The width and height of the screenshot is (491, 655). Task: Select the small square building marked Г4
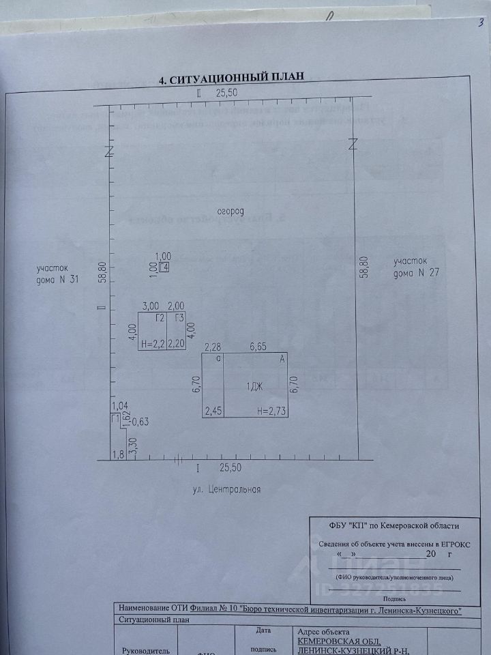(x=164, y=267)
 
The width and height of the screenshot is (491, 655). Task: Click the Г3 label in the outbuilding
(x=179, y=319)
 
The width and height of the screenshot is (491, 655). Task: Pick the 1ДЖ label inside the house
(x=256, y=387)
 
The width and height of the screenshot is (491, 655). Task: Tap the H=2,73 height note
(x=271, y=411)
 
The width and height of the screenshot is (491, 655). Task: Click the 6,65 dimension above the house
(x=258, y=347)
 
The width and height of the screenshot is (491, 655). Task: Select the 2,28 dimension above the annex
(x=213, y=347)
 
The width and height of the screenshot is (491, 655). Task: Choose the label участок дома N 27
(x=411, y=267)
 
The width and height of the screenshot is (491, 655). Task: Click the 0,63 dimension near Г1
(x=140, y=421)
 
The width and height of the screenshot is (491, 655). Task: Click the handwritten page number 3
(x=481, y=23)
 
